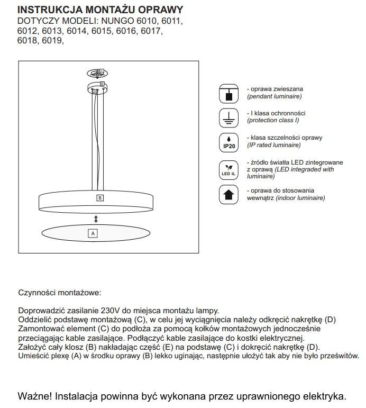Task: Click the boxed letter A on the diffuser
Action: click(93, 233)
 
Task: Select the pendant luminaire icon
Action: click(228, 93)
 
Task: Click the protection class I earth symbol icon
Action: click(228, 117)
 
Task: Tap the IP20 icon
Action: click(228, 142)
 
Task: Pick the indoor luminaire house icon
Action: click(228, 194)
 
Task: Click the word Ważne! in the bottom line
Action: click(35, 396)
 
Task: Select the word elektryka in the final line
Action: click(323, 396)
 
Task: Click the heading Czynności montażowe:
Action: click(59, 292)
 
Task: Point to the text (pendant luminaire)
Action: click(274, 97)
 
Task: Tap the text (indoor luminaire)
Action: click(299, 198)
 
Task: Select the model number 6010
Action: click(147, 21)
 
